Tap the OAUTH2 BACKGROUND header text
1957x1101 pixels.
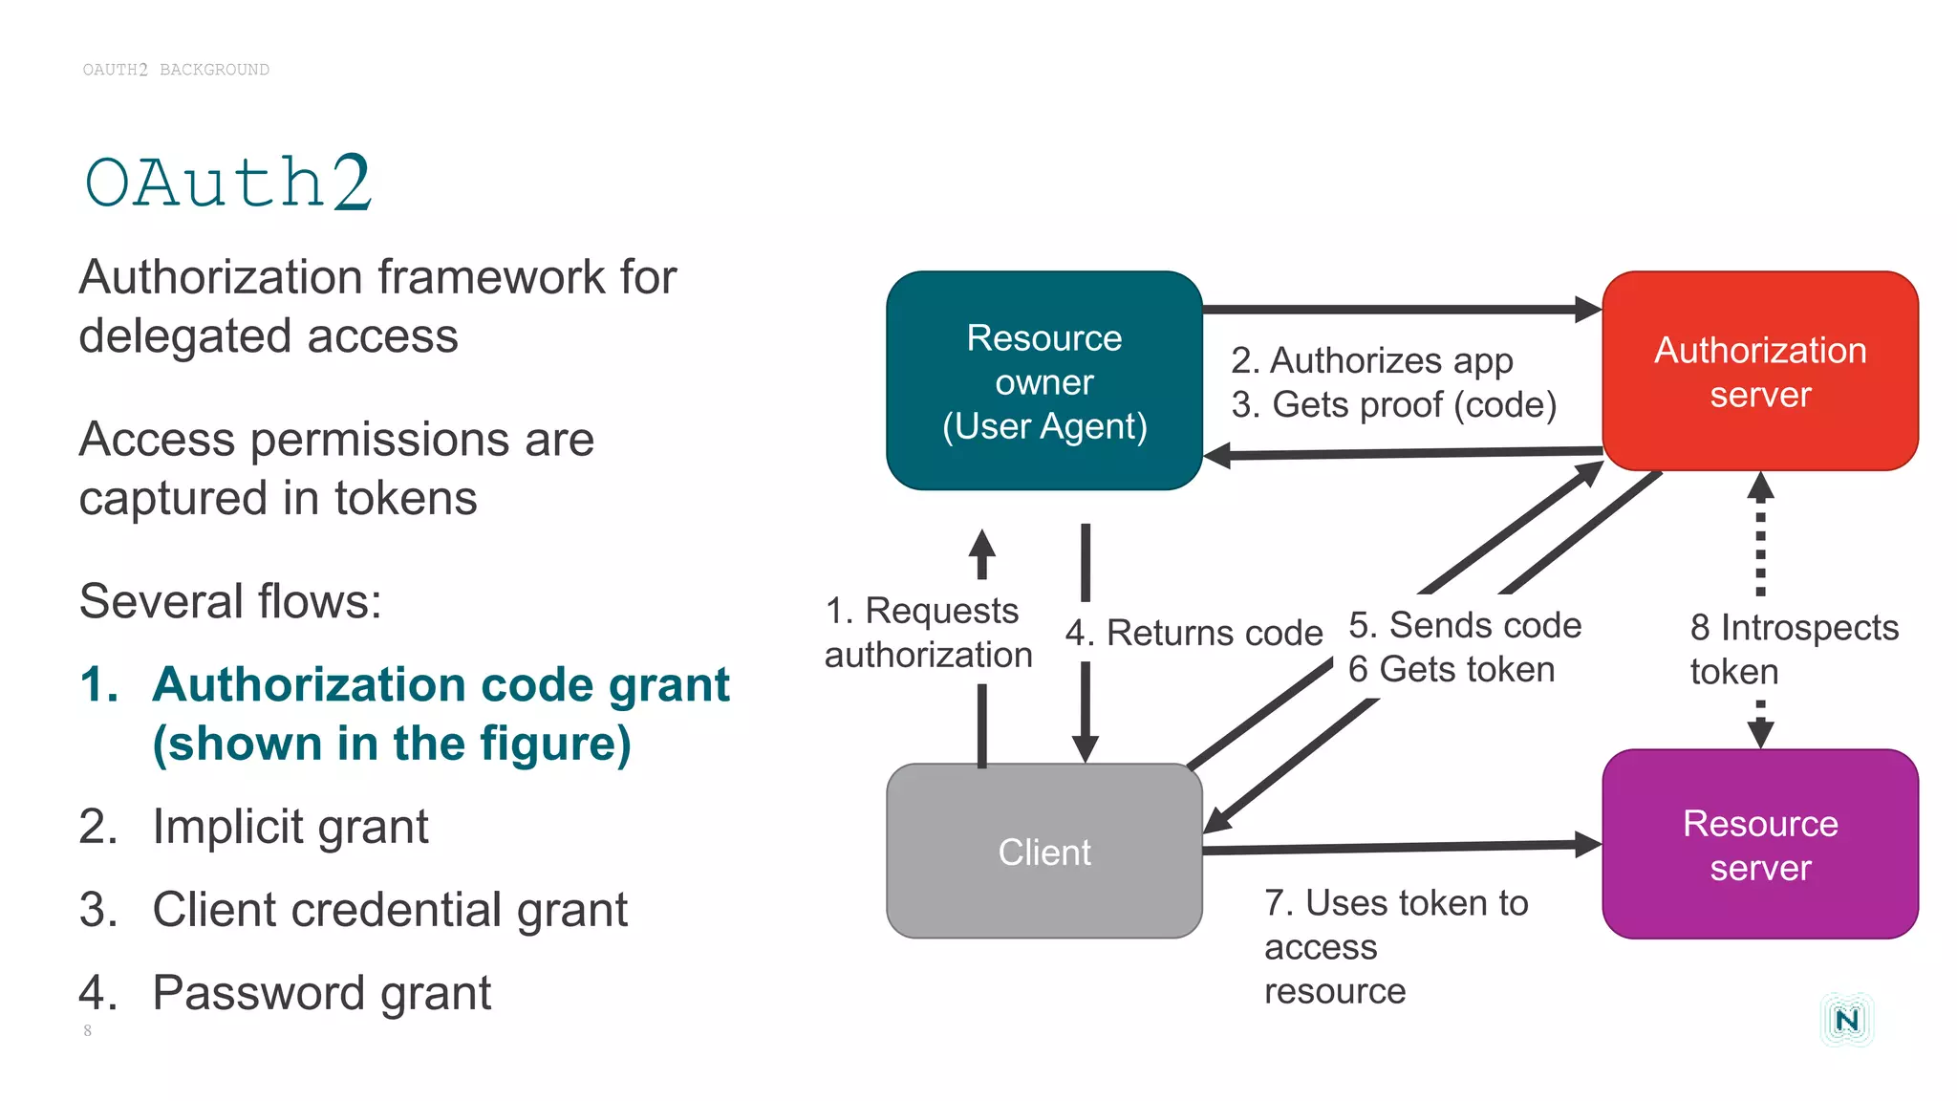pyautogui.click(x=176, y=70)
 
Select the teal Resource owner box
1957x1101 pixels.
pyautogui.click(x=1043, y=380)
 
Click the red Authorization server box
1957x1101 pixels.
pyautogui.click(x=1759, y=371)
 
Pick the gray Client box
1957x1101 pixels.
pyautogui.click(x=1043, y=851)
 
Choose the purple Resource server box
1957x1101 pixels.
pyautogui.click(x=1759, y=845)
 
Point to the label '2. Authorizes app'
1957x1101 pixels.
pyautogui.click(x=1371, y=361)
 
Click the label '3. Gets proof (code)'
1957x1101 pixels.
pyautogui.click(x=1393, y=405)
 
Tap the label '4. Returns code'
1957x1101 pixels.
pyautogui.click(x=1194, y=633)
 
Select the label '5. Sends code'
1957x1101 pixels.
pyautogui.click(x=1464, y=625)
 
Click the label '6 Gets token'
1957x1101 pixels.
pyautogui.click(x=1451, y=669)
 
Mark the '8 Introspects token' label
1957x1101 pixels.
pyautogui.click(x=1793, y=649)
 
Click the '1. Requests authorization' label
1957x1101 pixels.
pyautogui.click(x=927, y=633)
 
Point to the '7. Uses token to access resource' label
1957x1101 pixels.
pyautogui.click(x=1395, y=946)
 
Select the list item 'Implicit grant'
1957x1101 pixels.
pyautogui.click(x=290, y=826)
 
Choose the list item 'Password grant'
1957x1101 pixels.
pyautogui.click(x=321, y=992)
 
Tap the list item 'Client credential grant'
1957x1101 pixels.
pyautogui.click(x=390, y=909)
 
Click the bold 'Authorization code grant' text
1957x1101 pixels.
pyautogui.click(x=441, y=685)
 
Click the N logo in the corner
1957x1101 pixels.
pyautogui.click(x=1846, y=1020)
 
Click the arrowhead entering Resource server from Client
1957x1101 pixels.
pyautogui.click(x=1588, y=844)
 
